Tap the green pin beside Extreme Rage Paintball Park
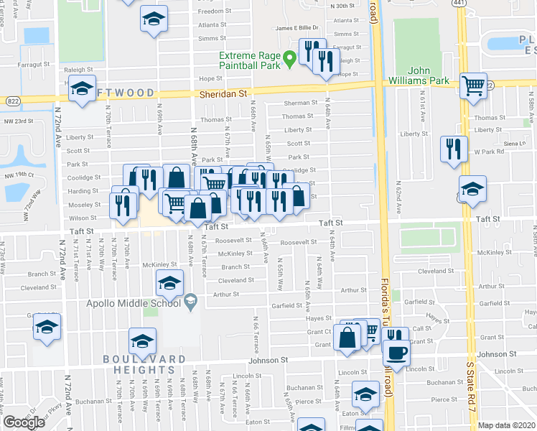(x=290, y=59)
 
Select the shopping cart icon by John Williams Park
(x=473, y=86)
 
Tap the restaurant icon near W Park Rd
(x=452, y=149)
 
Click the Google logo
(x=24, y=422)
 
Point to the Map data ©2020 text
(x=505, y=425)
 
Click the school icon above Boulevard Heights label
(x=142, y=340)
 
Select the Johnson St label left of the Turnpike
(x=268, y=360)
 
